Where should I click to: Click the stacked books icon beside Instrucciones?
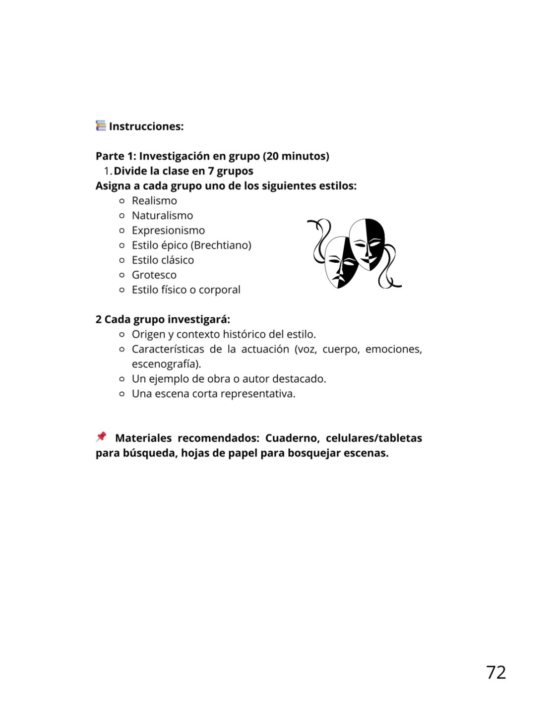pos(101,125)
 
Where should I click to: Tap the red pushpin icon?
pos(101,437)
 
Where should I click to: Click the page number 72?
pos(496,672)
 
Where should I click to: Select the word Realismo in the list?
pos(154,201)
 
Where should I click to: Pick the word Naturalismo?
pos(162,216)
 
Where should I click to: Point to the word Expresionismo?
pos(168,231)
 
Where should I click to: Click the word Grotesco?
pos(154,275)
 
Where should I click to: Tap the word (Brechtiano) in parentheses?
pos(221,245)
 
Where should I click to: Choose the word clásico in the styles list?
pos(178,260)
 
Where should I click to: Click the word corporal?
pos(219,290)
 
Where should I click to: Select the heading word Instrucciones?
pos(146,126)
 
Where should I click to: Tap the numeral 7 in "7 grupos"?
pos(211,171)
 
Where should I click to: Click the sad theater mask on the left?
pos(340,261)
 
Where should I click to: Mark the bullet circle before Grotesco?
pos(122,275)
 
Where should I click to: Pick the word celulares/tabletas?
pos(373,438)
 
